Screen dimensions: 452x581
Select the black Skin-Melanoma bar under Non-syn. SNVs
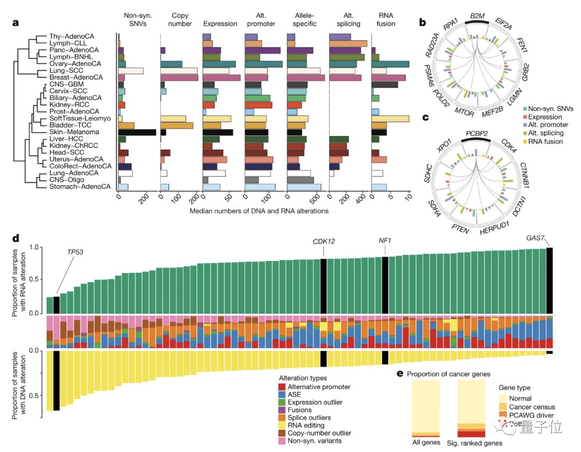pos(137,132)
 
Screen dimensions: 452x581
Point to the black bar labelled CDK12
pos(323,285)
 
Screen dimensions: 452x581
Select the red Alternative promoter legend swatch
pos(281,387)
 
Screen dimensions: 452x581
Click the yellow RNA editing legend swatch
pos(281,425)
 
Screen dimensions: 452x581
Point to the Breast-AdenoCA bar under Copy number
pos(179,78)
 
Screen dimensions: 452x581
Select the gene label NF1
pos(385,239)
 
